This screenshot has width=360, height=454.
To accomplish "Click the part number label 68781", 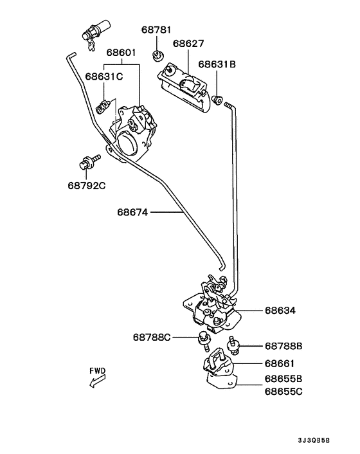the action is click(156, 30).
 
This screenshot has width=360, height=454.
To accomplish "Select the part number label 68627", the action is click(188, 44).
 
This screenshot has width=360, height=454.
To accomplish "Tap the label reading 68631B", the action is click(217, 64).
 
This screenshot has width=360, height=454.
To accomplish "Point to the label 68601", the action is click(121, 53).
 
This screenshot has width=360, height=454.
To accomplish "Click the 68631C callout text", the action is click(104, 77).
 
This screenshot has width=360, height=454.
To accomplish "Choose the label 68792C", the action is click(87, 185).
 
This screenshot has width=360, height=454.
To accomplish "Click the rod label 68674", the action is click(132, 212).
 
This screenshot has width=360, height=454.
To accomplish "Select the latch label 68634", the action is click(280, 311).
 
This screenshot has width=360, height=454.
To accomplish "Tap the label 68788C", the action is click(152, 338).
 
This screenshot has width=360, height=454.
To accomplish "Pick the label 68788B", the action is click(283, 346).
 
